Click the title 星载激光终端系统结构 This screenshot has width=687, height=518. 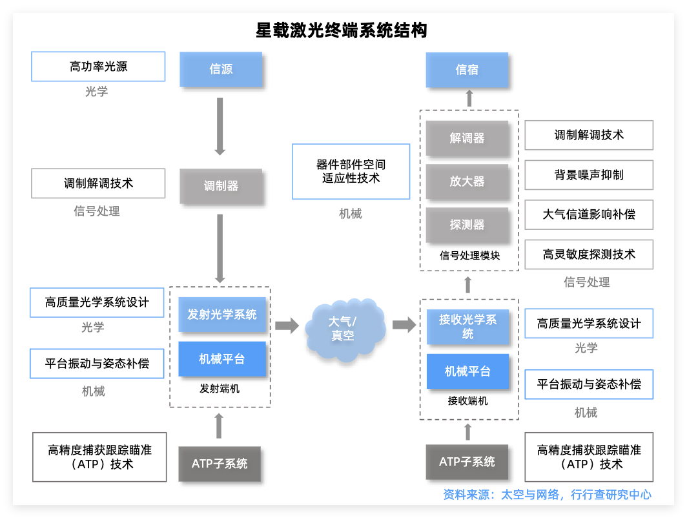pyautogui.click(x=342, y=31)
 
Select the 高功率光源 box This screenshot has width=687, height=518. pyautogui.click(x=98, y=67)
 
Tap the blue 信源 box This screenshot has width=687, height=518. pyautogui.click(x=221, y=69)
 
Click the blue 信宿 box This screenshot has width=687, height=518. pyautogui.click(x=467, y=70)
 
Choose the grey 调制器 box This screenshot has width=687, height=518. pyautogui.click(x=221, y=186)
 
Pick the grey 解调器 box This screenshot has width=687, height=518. pyautogui.click(x=467, y=138)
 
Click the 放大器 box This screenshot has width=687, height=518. pyautogui.click(x=467, y=181)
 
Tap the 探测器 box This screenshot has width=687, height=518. pyautogui.click(x=467, y=225)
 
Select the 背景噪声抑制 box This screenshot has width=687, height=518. pyautogui.click(x=589, y=175)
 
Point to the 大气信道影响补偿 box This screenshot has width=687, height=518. pyautogui.click(x=589, y=214)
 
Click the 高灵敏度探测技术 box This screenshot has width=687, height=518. pyautogui.click(x=589, y=254)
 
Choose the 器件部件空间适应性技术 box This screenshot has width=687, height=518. pyautogui.click(x=351, y=171)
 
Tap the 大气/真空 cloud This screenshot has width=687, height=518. pyautogui.click(x=343, y=328)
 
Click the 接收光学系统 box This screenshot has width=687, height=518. pyautogui.click(x=467, y=327)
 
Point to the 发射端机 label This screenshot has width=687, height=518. pyautogui.click(x=220, y=389)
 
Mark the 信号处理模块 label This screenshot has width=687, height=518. pyautogui.click(x=469, y=256)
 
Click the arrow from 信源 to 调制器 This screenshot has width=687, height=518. pyautogui.click(x=220, y=126)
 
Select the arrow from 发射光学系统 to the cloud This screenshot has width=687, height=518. pyautogui.click(x=287, y=326)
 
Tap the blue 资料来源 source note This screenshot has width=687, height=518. pyautogui.click(x=547, y=495)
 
